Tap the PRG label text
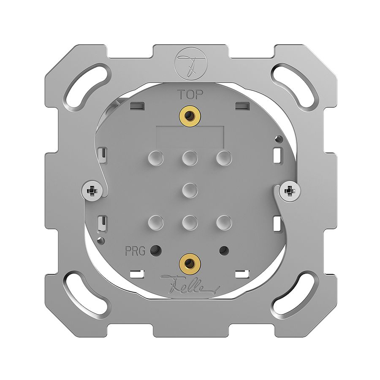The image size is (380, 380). [135, 251]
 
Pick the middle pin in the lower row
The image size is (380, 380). [190, 221]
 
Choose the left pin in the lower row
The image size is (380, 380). [155, 221]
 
